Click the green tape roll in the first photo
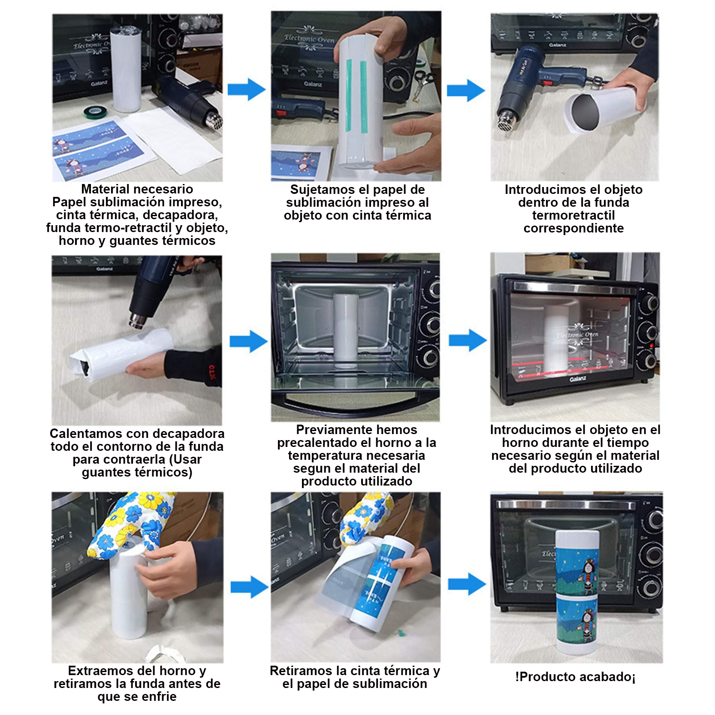click(96, 113)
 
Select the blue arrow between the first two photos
click(247, 90)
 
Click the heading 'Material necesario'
click(137, 189)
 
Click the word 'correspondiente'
click(573, 228)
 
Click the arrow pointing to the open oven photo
click(249, 341)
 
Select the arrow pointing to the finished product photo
click(467, 584)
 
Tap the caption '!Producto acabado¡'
click(575, 677)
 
